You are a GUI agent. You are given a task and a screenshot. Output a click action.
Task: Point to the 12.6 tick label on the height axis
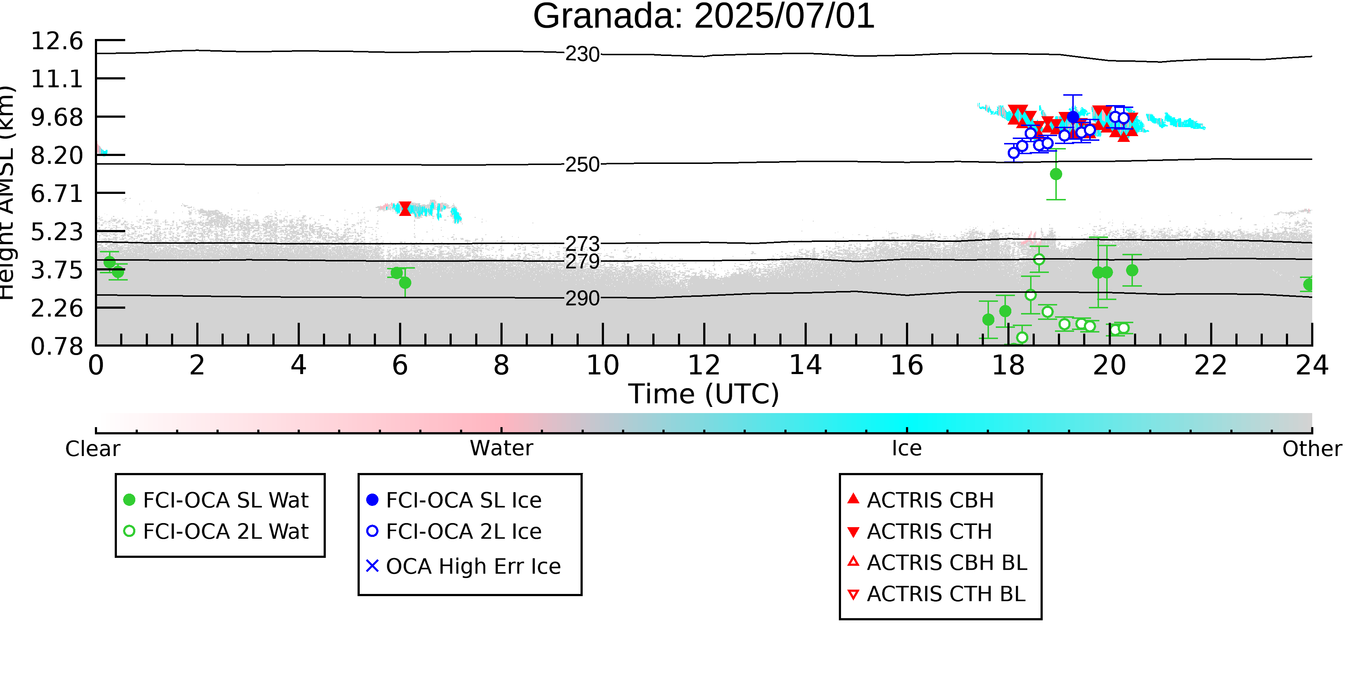click(x=57, y=41)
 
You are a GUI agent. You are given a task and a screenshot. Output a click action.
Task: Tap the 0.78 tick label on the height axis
click(x=57, y=346)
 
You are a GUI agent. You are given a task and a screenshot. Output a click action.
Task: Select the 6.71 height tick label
click(x=57, y=194)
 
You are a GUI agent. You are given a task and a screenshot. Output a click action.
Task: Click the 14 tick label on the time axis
click(x=805, y=365)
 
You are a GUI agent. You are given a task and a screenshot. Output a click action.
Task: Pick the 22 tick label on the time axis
click(x=1210, y=365)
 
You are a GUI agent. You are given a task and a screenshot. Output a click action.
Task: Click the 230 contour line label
click(x=582, y=54)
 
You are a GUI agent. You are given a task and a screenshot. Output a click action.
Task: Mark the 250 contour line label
click(x=582, y=165)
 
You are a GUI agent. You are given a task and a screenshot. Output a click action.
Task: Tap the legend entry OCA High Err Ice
click(x=463, y=566)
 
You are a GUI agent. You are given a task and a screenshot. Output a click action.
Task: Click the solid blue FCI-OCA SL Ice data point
click(x=1073, y=117)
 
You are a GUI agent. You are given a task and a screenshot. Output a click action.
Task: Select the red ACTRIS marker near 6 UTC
click(x=405, y=209)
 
